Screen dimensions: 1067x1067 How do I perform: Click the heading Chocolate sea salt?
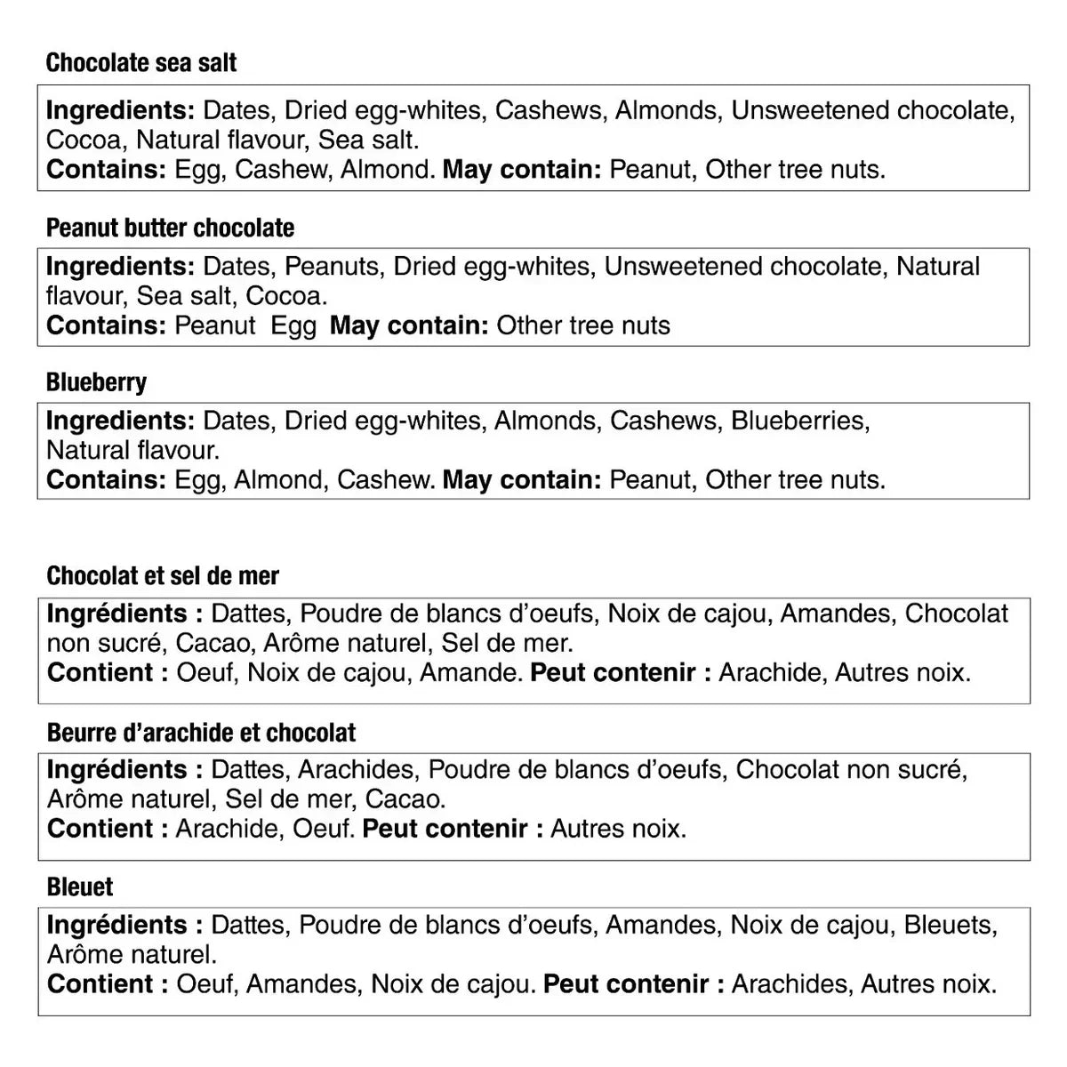(x=141, y=63)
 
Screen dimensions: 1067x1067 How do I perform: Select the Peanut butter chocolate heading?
(x=170, y=228)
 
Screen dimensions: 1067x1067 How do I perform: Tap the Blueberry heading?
(x=96, y=383)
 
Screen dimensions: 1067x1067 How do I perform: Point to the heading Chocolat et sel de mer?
(x=163, y=576)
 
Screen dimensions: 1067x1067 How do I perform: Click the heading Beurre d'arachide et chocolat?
(x=201, y=733)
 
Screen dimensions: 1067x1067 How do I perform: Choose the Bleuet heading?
(x=80, y=887)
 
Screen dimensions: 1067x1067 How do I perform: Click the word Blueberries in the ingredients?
(x=798, y=421)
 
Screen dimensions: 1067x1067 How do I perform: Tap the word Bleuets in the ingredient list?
(x=949, y=925)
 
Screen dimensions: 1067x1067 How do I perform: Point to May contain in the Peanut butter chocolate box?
(x=409, y=325)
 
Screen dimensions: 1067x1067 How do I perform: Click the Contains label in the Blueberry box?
(x=106, y=480)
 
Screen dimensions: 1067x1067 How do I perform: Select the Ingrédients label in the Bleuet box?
(x=117, y=925)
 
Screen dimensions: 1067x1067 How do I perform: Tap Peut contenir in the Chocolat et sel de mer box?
(x=621, y=672)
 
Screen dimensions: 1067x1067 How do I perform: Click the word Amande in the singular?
(x=469, y=672)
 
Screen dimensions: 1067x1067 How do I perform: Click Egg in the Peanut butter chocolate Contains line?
(x=293, y=325)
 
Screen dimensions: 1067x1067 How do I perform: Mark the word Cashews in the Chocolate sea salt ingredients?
(x=548, y=110)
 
